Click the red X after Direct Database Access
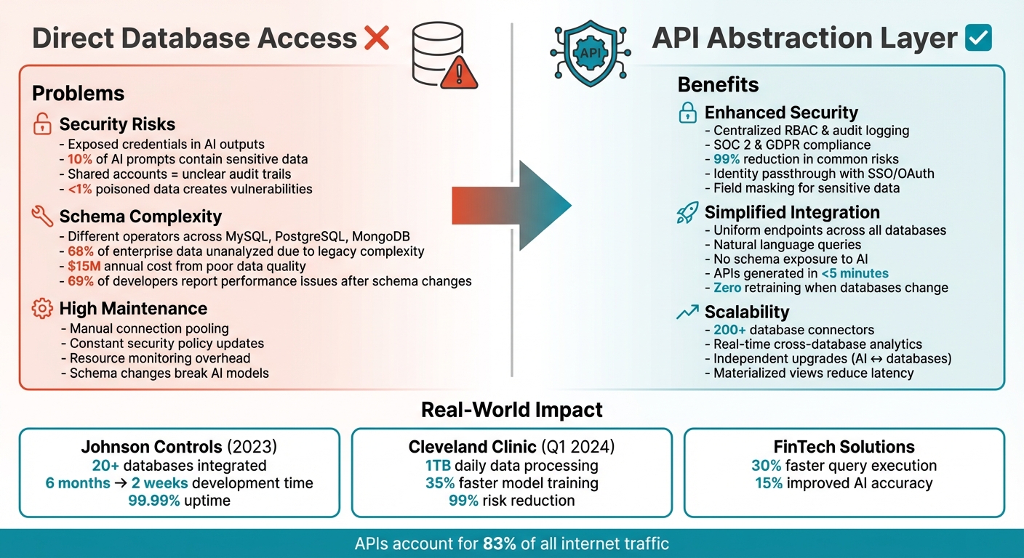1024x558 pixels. click(377, 38)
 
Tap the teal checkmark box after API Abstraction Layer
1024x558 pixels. click(978, 38)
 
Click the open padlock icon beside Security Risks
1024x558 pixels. click(42, 124)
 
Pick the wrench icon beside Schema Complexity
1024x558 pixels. click(42, 217)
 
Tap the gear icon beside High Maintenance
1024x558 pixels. click(42, 309)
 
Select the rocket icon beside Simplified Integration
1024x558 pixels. click(687, 212)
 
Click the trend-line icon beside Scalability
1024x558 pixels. click(687, 312)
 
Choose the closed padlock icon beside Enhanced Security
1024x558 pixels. click(687, 113)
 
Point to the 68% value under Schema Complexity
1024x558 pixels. click(82, 251)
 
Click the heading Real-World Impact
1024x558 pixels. click(512, 410)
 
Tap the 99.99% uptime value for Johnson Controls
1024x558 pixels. click(154, 500)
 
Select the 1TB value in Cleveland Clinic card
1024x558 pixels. click(438, 465)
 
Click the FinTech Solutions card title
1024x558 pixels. click(844, 447)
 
